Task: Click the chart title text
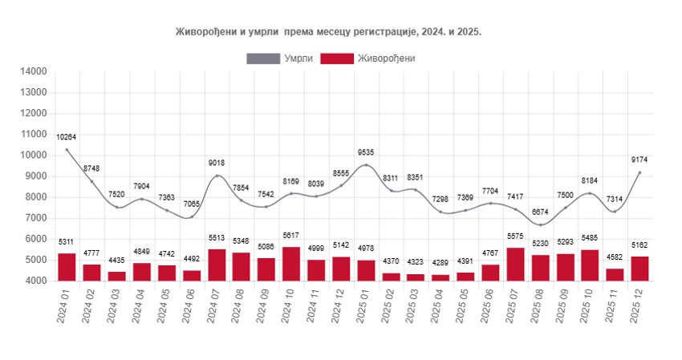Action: click(x=328, y=30)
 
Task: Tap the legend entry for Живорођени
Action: click(x=368, y=58)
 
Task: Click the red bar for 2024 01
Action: click(x=67, y=267)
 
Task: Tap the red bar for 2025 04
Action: click(x=439, y=277)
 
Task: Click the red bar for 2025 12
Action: click(x=639, y=269)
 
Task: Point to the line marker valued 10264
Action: click(x=67, y=150)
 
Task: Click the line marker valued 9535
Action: click(x=367, y=165)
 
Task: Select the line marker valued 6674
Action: click(x=539, y=224)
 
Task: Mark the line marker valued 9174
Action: click(x=639, y=172)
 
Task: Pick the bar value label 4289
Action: click(x=439, y=264)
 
